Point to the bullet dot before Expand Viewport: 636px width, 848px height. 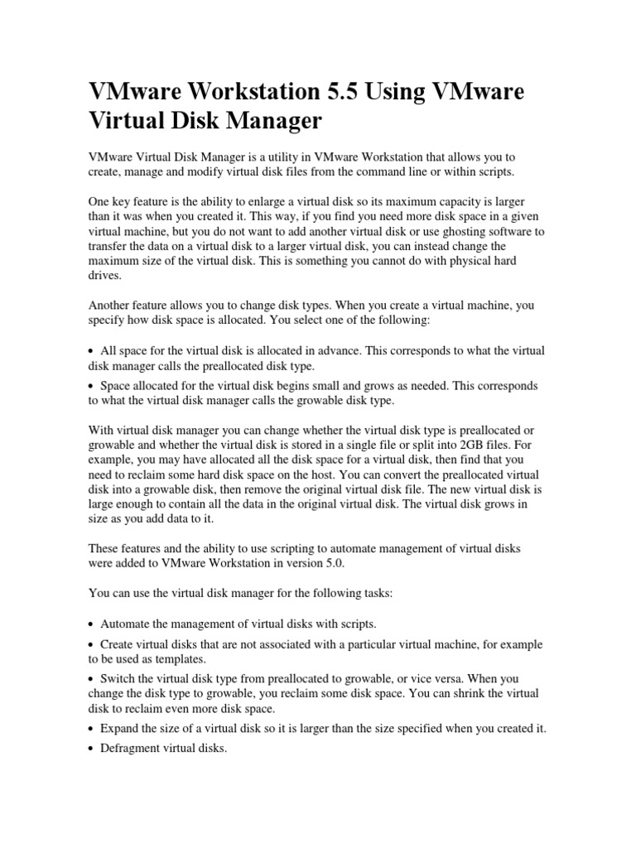[x=91, y=730]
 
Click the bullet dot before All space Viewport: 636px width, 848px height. [x=91, y=352]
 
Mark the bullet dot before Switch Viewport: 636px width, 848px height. [x=91, y=679]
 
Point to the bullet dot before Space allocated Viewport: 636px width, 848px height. [x=91, y=387]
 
